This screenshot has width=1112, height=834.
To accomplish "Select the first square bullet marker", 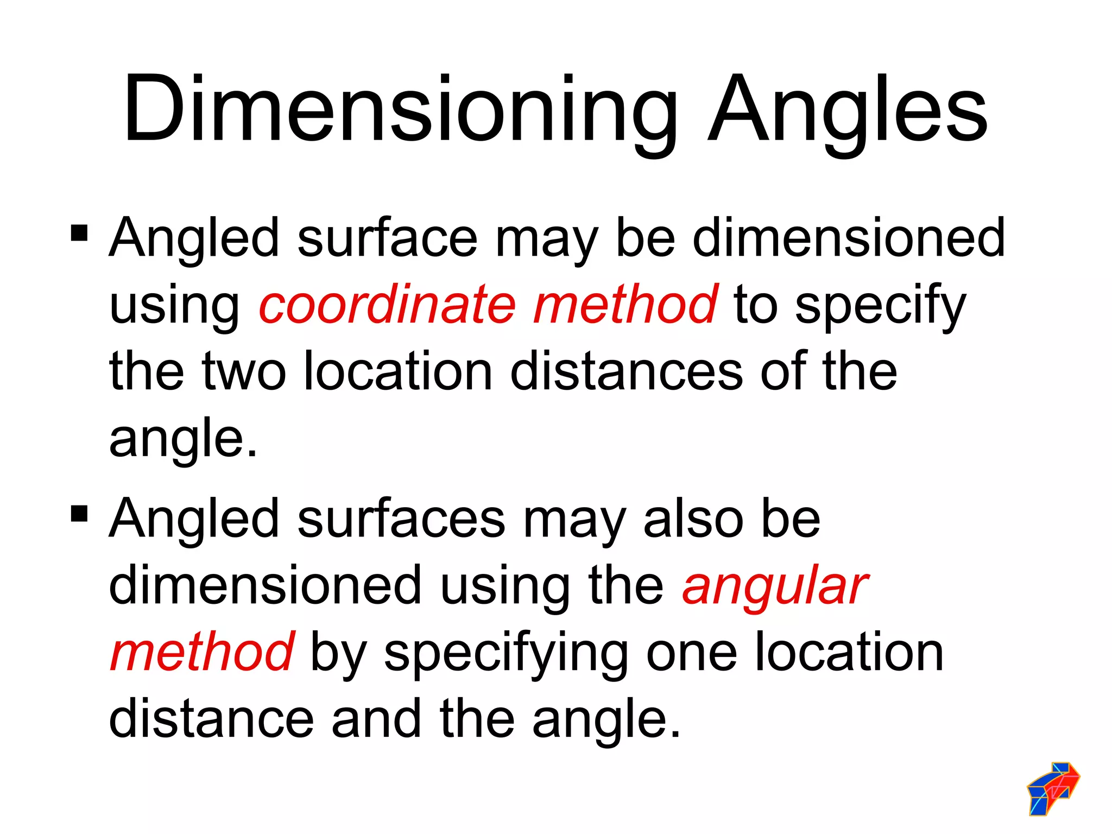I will coord(79,233).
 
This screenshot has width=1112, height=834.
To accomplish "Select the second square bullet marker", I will coord(79,513).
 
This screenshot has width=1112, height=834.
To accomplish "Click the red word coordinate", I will coord(387,305).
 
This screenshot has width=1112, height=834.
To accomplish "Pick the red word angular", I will coord(775,587).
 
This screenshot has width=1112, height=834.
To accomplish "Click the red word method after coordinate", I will coord(625,305).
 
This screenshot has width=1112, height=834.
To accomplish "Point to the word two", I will coord(244,372).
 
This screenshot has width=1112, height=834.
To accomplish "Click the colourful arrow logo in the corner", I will coord(1053,788).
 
